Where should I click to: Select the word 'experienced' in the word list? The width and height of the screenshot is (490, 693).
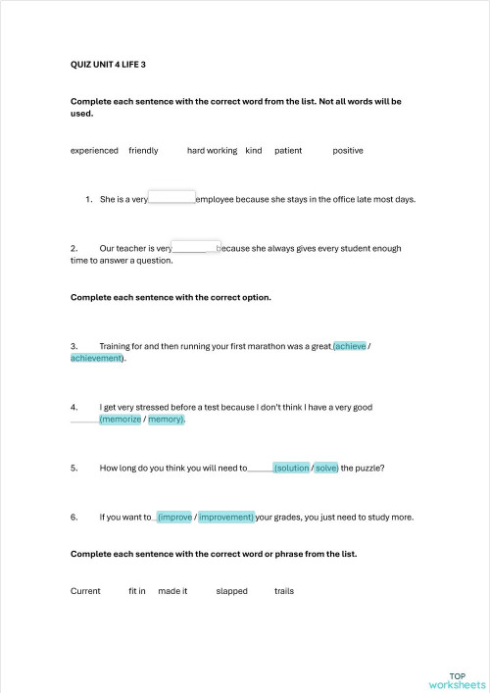coord(94,150)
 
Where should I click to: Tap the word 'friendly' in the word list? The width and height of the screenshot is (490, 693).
coord(143,150)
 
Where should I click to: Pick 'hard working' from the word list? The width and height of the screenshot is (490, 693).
coord(212,150)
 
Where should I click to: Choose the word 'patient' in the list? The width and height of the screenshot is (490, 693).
coord(288,150)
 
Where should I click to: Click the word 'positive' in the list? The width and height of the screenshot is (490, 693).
coord(348,150)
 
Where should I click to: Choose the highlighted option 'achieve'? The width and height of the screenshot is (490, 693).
coord(350,346)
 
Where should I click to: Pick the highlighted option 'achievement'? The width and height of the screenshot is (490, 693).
coord(96,358)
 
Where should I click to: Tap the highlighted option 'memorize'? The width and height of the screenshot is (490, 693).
coord(121,419)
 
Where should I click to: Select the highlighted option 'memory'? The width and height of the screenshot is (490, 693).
coord(166,419)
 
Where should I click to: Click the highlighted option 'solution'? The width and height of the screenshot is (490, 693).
coord(291,468)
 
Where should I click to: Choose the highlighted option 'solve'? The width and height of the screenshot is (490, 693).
coord(326,468)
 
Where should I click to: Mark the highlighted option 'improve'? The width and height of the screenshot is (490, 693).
coord(174,517)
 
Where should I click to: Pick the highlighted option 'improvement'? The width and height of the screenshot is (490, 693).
coord(226,517)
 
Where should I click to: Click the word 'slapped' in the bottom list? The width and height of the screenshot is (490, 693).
coord(232,591)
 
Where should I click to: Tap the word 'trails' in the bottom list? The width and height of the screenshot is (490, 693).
coord(284,591)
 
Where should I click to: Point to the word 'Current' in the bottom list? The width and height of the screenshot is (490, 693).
coord(85,591)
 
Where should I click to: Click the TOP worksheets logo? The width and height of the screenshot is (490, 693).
coord(457,680)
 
